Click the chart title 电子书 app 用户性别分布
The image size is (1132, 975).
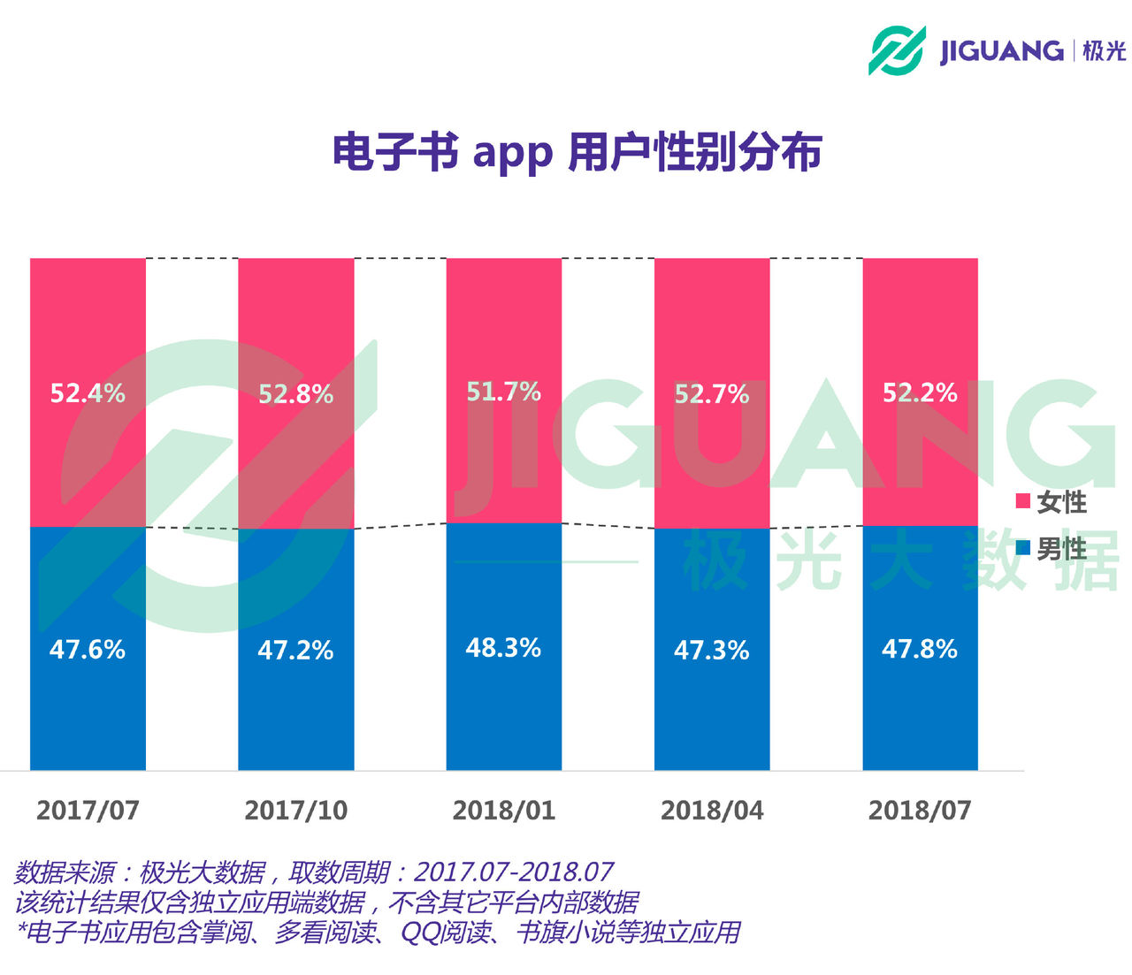pos(577,152)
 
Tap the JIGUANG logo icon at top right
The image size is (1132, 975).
pos(896,50)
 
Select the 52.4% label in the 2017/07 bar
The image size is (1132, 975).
pos(88,393)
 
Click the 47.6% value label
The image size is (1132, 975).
pos(88,650)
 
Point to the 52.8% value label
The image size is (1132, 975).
pos(295,394)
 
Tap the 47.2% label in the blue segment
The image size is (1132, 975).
pos(295,651)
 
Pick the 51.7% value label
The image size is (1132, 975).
pos(503,392)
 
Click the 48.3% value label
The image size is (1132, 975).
pos(503,648)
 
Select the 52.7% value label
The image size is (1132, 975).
pos(711,394)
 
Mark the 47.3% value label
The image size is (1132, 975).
pos(711,651)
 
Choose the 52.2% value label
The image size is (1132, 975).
pos(920,393)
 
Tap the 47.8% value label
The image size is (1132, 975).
pos(920,650)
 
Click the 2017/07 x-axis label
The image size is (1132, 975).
pos(88,811)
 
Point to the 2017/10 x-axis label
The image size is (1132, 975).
pos(295,811)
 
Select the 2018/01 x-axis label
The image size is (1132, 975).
pos(503,811)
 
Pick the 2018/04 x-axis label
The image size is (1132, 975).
pos(711,811)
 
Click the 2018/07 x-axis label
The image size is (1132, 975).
pos(920,811)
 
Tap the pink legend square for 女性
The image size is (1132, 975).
pos(1023,502)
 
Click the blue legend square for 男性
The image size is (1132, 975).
pos(1023,549)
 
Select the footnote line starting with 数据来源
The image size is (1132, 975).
pos(313,872)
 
